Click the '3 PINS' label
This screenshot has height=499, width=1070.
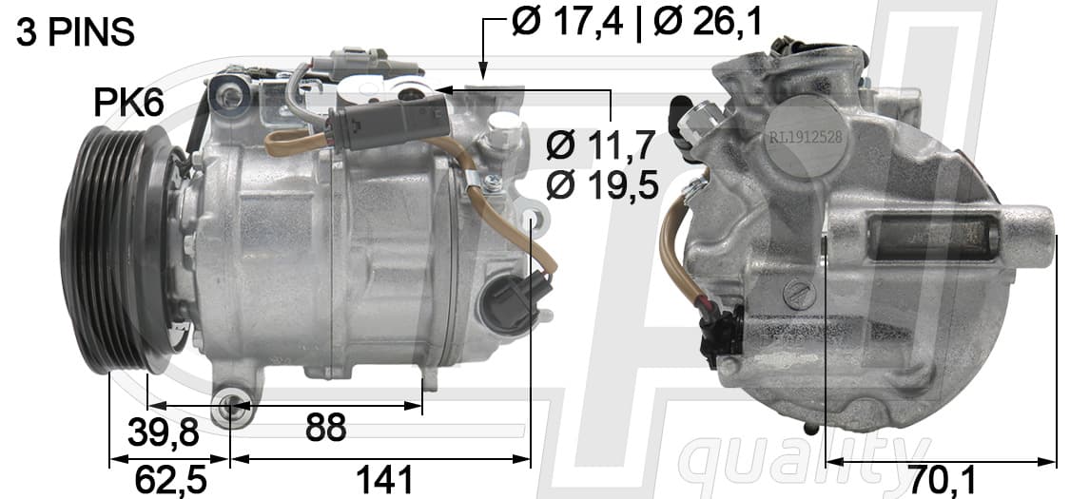[75, 32]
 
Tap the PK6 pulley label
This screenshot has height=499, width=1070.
[129, 104]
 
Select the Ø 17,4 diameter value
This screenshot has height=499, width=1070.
[567, 22]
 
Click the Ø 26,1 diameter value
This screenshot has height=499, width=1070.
[707, 22]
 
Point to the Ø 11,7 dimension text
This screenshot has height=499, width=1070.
[601, 144]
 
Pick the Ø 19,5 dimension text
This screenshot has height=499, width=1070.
[602, 184]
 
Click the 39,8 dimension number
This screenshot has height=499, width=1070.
[163, 431]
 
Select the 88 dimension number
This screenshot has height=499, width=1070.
[325, 428]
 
